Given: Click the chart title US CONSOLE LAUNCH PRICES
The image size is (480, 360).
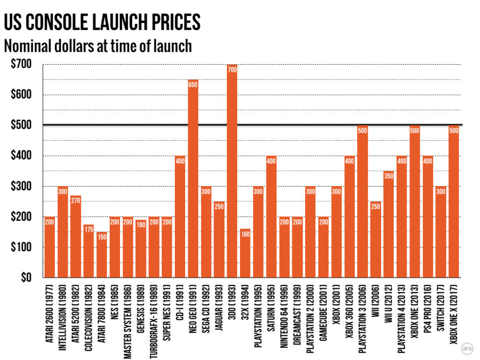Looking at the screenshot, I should [102, 22].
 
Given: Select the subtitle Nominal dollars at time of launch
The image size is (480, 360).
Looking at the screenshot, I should [97, 47].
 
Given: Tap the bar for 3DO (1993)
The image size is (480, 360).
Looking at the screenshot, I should [232, 171].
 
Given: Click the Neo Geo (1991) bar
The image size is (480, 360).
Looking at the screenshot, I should [193, 179].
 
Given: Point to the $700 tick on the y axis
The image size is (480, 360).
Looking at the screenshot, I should [21, 64].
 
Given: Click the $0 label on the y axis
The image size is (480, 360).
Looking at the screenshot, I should [26, 278].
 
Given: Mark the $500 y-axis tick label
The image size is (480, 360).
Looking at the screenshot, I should [21, 125].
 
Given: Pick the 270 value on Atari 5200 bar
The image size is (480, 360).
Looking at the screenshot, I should [75, 199].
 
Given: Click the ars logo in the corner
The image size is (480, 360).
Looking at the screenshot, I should [467, 349].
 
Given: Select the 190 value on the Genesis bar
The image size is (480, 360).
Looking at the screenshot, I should [141, 224].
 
